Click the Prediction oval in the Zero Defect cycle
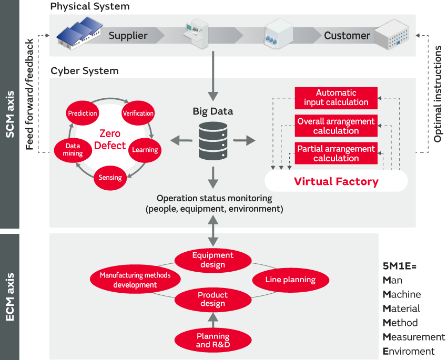tap(83, 113)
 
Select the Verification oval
tap(138, 113)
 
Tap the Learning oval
tap(145, 150)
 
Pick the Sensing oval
tap(110, 178)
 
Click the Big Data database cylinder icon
tap(213, 141)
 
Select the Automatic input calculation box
tap(336, 98)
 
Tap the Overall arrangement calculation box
tap(336, 126)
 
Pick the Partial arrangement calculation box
tap(336, 153)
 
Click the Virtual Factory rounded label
tap(336, 181)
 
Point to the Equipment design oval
tap(212, 260)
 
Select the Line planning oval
tap(290, 280)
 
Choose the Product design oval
tap(212, 300)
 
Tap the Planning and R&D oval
tap(212, 341)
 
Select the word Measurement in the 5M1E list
tap(414, 337)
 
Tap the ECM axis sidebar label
tap(9, 296)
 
